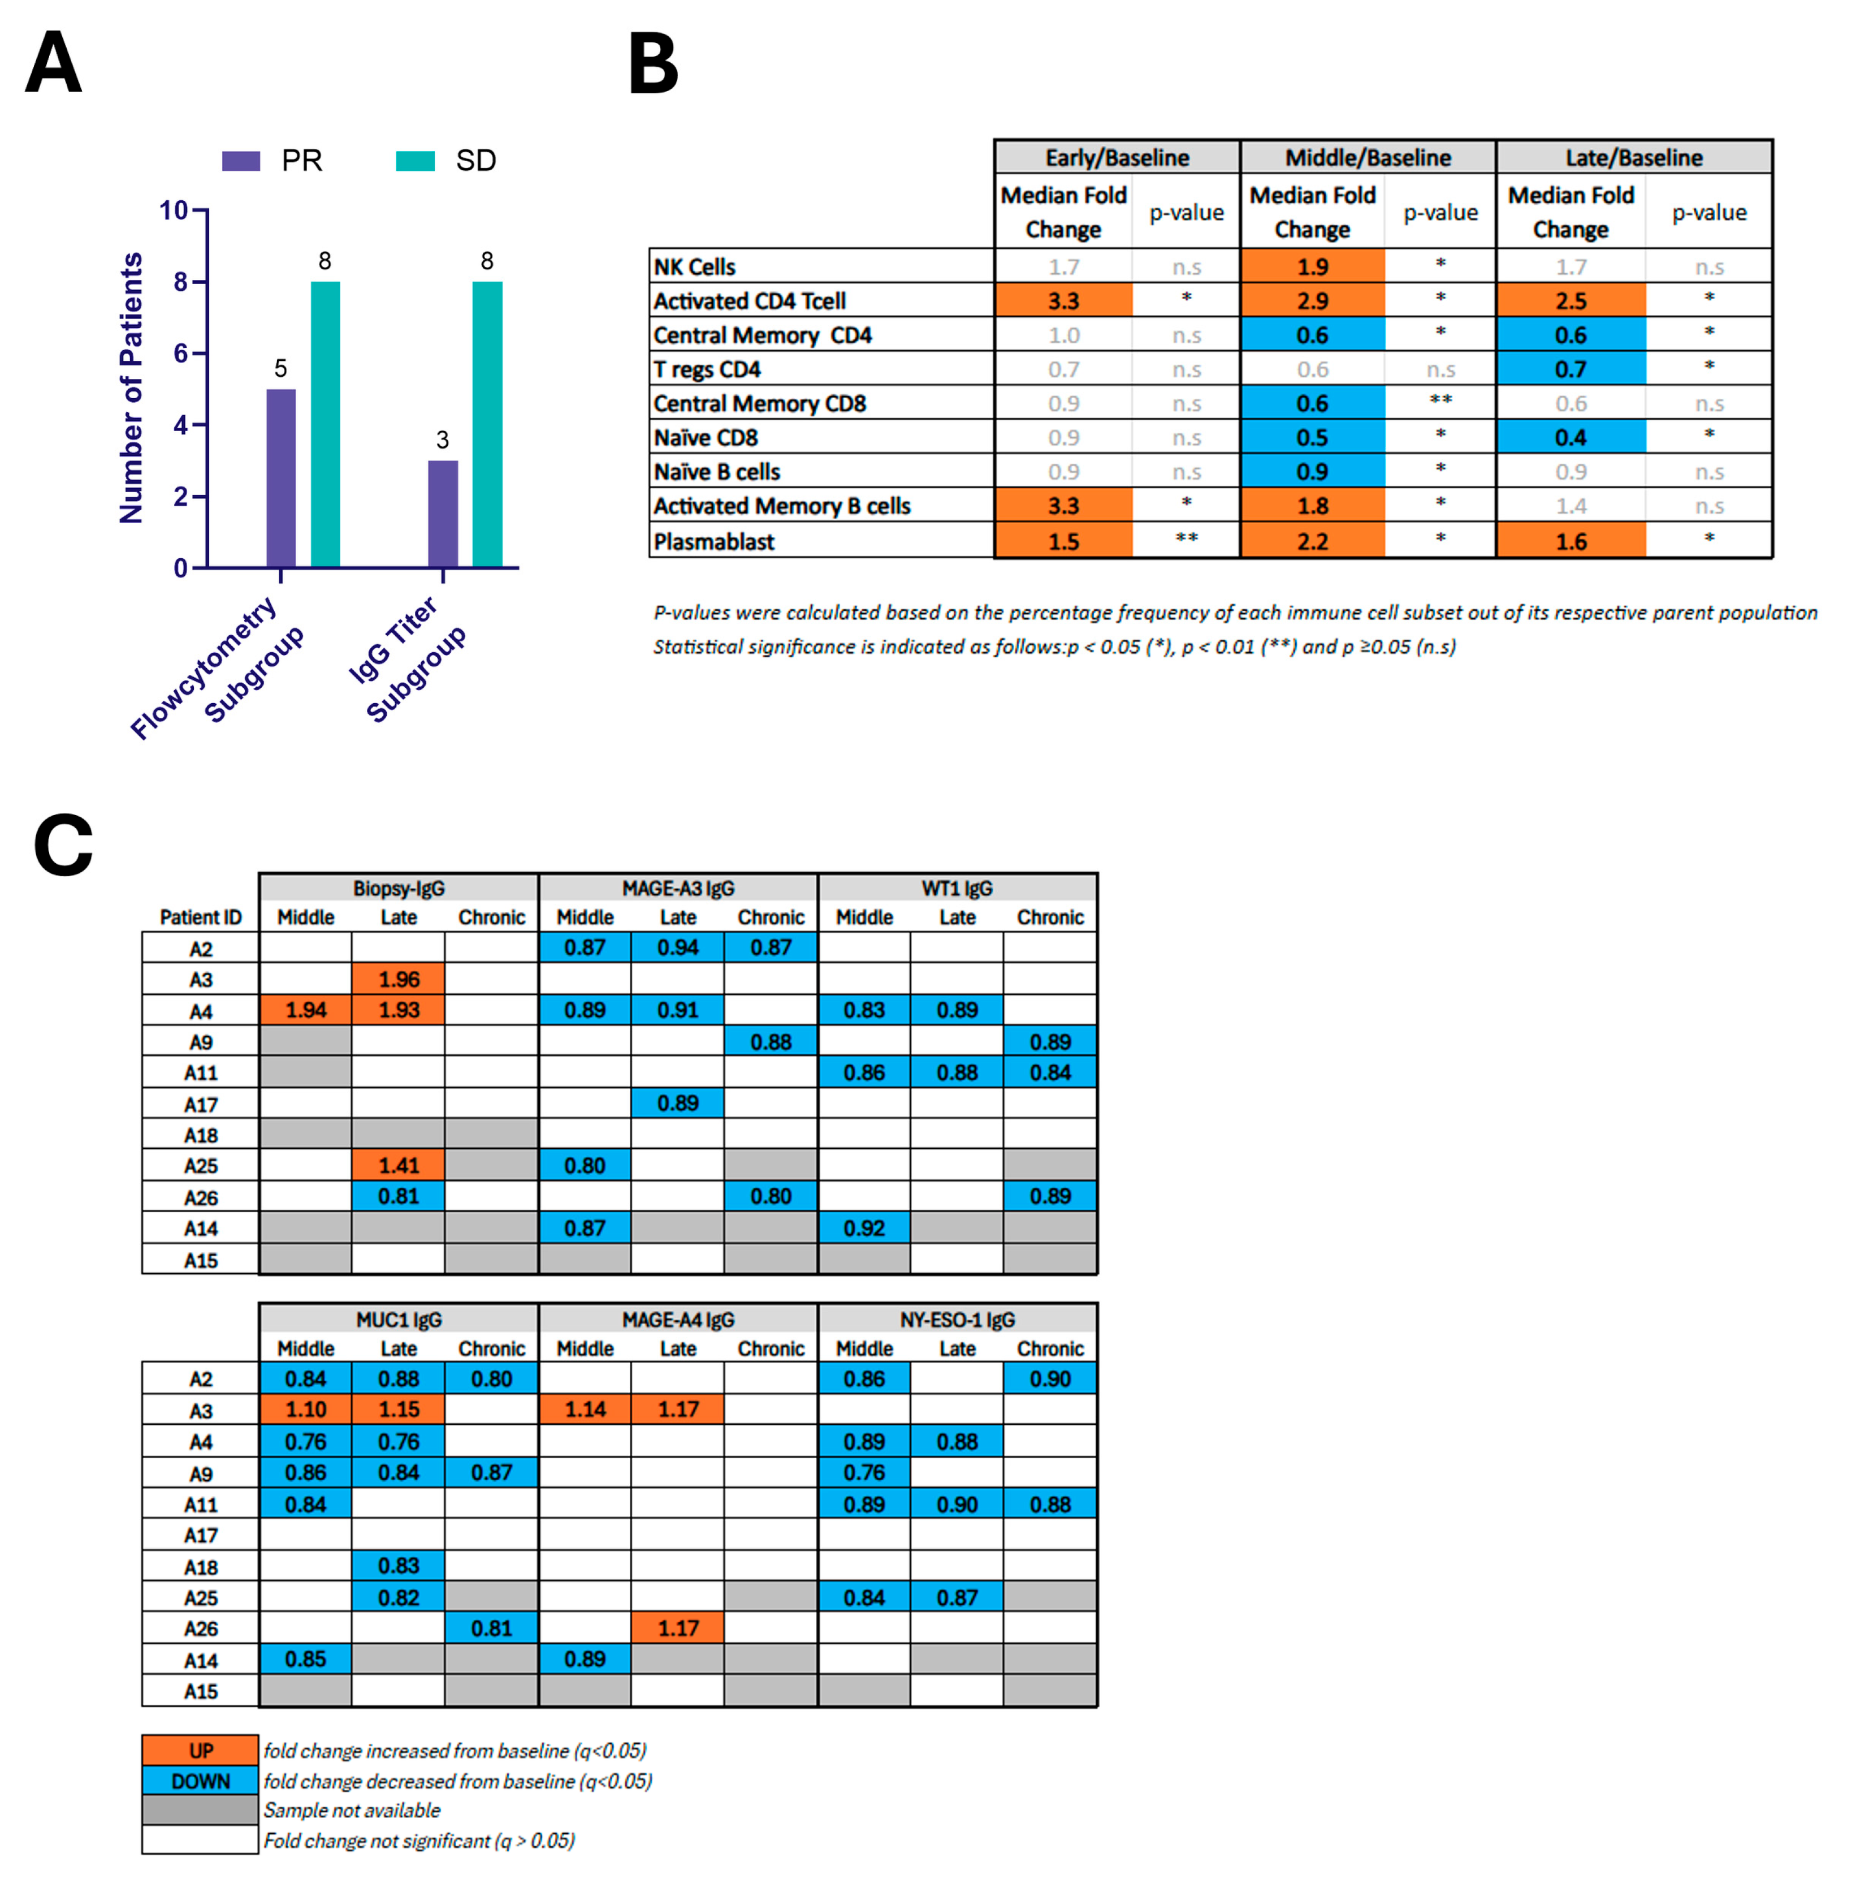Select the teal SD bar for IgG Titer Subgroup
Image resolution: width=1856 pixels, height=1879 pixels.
[487, 424]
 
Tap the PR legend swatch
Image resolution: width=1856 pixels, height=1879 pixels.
[240, 161]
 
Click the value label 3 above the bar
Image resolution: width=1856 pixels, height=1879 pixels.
[442, 439]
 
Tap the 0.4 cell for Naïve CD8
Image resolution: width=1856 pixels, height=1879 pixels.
[1570, 438]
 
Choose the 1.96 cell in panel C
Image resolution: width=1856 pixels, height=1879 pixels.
[399, 979]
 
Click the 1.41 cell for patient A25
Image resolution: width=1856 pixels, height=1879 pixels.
[399, 1165]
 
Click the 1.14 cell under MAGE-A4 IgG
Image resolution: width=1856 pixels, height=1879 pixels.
[585, 1410]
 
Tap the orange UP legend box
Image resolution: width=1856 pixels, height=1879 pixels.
[200, 1751]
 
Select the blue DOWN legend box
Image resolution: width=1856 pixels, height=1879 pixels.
[200, 1781]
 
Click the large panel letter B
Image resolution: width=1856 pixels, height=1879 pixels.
[654, 64]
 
